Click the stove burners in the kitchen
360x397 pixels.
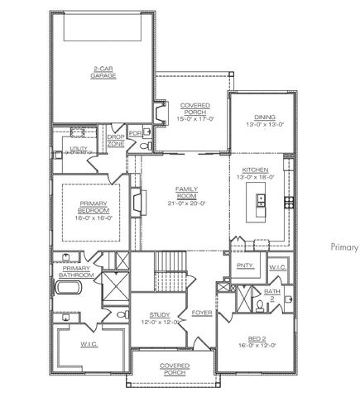290,201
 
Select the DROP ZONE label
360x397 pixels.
115,140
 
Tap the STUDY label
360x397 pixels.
160,315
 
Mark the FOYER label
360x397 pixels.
201,313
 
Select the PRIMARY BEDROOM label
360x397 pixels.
94,210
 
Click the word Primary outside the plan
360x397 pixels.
343,246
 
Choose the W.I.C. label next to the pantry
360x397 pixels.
278,266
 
